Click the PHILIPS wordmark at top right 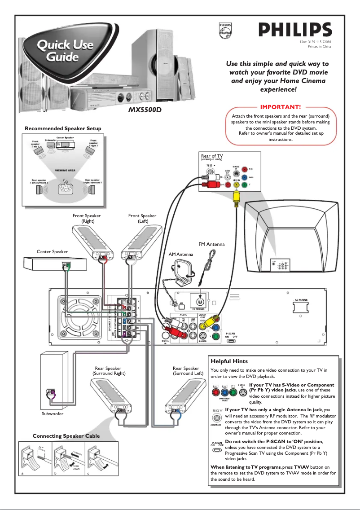[x=294, y=31]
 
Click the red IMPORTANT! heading [x=280, y=107]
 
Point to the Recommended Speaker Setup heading [x=63, y=128]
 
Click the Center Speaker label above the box [x=53, y=252]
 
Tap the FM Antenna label [x=211, y=244]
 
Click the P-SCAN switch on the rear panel [x=231, y=342]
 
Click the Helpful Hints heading [x=229, y=361]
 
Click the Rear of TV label [x=212, y=156]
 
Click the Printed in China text [x=320, y=46]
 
